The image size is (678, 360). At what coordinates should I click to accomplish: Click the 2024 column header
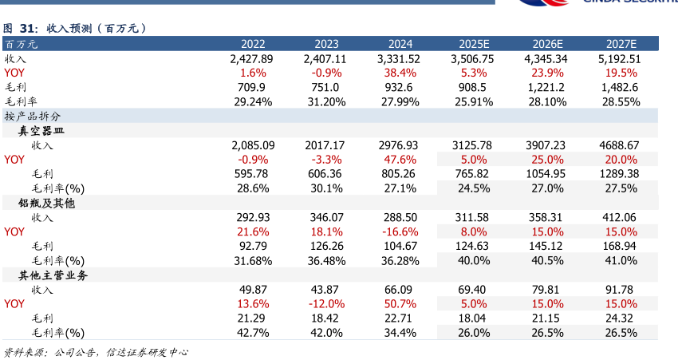[x=400, y=44]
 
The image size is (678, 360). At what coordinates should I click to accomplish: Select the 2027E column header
[x=620, y=44]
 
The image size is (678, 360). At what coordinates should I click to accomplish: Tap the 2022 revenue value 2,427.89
[x=251, y=59]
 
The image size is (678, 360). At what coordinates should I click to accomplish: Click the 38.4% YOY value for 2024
[x=400, y=73]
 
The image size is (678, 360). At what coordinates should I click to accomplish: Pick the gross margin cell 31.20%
[x=325, y=102]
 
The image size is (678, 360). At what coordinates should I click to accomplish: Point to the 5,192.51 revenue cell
[x=620, y=59]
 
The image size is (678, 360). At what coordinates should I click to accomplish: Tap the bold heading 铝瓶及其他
[x=46, y=203]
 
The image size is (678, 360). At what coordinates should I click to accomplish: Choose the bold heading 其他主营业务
[x=53, y=275]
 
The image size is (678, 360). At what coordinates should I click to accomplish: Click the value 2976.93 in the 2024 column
[x=400, y=145]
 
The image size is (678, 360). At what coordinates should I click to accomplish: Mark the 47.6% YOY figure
[x=400, y=160]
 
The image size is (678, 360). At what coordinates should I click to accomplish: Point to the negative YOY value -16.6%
[x=400, y=231]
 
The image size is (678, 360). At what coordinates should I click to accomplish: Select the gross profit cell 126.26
[x=325, y=246]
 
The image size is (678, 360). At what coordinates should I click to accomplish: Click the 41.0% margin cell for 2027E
[x=620, y=260]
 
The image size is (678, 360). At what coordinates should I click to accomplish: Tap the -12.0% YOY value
[x=325, y=303]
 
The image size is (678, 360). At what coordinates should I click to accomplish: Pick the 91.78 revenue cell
[x=620, y=289]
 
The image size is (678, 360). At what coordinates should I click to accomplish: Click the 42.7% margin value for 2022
[x=251, y=332]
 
